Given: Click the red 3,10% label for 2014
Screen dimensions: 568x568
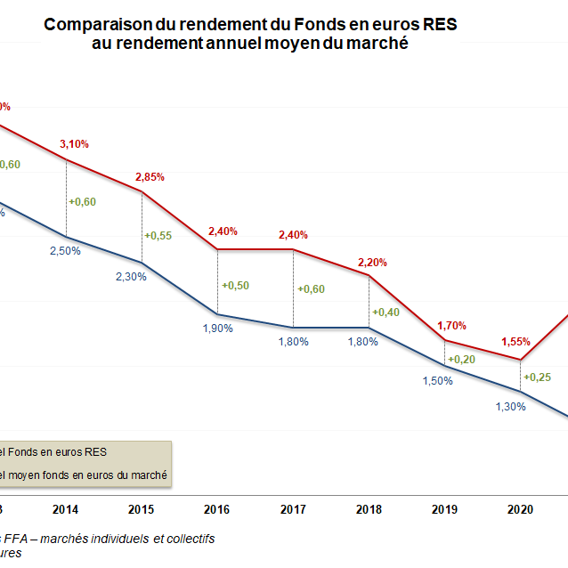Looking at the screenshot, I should [x=74, y=144].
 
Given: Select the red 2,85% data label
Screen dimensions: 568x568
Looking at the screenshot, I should [x=150, y=176].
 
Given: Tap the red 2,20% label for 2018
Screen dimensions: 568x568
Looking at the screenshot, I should [x=373, y=263].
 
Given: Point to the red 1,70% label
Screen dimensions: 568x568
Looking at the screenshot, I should [x=451, y=326].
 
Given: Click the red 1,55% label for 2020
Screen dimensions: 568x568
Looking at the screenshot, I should [x=516, y=341].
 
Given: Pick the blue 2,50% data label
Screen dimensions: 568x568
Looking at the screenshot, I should [x=65, y=251].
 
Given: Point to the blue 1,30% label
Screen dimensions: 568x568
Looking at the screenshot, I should [x=510, y=406].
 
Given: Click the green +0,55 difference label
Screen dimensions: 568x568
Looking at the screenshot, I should [x=158, y=235].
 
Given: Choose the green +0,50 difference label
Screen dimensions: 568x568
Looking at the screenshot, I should [x=235, y=285].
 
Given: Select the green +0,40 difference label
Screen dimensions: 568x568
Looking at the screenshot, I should [x=386, y=312].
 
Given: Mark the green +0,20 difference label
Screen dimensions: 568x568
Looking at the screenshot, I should [x=461, y=360].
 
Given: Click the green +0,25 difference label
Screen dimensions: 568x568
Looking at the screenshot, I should [x=537, y=377].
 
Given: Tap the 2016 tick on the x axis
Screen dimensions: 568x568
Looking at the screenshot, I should [x=218, y=510].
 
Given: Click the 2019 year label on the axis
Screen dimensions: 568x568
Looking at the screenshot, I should [x=444, y=510].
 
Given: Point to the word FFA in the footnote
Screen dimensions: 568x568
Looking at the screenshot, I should [x=17, y=539].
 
